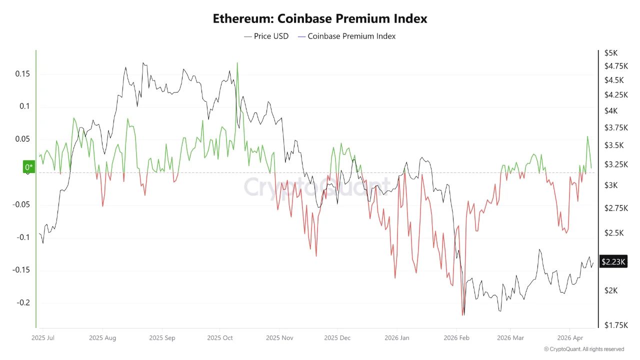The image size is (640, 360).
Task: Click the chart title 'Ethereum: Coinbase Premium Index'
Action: (x=320, y=19)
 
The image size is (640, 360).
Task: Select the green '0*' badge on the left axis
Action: (x=29, y=167)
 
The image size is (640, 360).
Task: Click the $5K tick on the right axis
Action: (x=611, y=53)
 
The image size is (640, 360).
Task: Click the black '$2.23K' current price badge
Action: (x=613, y=261)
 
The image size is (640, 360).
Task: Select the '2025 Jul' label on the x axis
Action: (x=42, y=338)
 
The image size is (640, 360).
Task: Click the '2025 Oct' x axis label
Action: (x=220, y=338)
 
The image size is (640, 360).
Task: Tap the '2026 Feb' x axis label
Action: (x=456, y=338)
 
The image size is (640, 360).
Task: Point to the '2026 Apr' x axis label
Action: (x=570, y=338)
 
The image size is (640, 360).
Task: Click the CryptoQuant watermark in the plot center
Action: (x=316, y=186)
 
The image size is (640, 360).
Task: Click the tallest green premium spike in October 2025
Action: (x=237, y=63)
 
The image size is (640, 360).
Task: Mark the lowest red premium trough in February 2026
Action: (x=462, y=315)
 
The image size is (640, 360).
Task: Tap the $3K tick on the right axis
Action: (x=611, y=185)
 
